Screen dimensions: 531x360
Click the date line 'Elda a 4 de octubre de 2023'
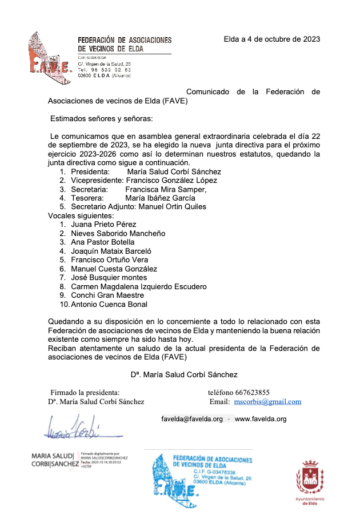pos(271,39)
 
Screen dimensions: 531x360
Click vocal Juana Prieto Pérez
pos(103,225)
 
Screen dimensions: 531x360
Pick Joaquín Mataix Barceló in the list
pos(111,251)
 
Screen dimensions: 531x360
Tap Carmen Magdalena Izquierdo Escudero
pos(139,286)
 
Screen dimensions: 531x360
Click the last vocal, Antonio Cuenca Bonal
pos(109,304)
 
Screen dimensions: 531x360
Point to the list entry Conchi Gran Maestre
pos(107,295)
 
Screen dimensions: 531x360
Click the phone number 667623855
pos(249,393)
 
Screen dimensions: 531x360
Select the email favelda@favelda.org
pos(192,419)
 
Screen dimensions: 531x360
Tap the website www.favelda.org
pos(261,419)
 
